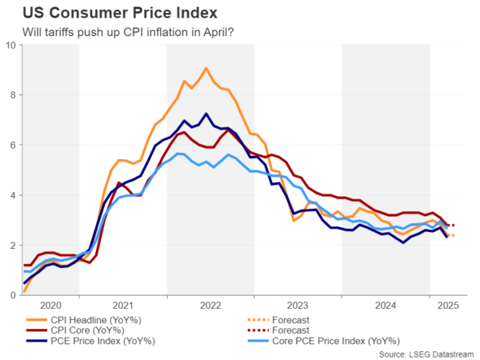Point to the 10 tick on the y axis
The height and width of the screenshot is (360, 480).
coord(10,45)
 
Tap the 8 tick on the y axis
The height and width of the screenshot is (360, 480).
coord(12,95)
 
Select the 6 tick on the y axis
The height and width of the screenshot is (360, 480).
coord(12,145)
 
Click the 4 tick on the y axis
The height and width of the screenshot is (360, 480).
coord(12,195)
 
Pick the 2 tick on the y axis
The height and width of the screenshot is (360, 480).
coord(12,245)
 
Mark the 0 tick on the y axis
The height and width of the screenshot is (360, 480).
coord(12,295)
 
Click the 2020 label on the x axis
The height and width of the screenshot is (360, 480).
coord(50,305)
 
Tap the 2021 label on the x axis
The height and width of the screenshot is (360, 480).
coord(123,305)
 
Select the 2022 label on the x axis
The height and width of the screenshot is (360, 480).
coord(210,305)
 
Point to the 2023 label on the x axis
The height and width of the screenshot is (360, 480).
coord(298,305)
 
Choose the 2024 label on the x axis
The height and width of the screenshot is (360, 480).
coord(385,305)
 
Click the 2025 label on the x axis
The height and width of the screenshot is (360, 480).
coord(447,305)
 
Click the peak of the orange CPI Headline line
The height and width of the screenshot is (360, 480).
coord(206,68)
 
